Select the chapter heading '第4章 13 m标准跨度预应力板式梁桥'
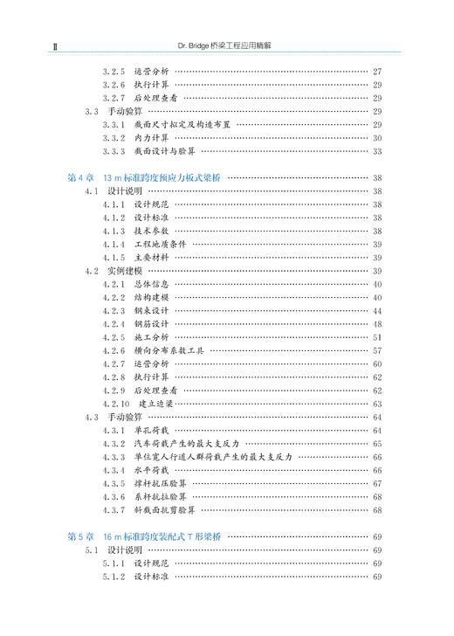click(143, 177)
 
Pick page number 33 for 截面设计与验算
click(377, 151)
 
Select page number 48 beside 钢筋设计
click(377, 324)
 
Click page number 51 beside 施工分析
click(377, 337)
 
